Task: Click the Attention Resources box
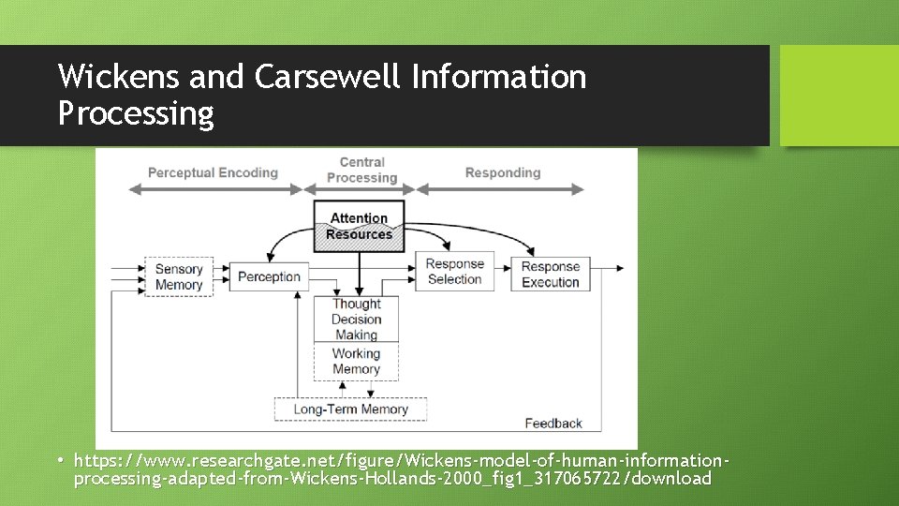359,226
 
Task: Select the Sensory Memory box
179,276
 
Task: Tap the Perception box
269,276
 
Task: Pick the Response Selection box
454,272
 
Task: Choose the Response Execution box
551,274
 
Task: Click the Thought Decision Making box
356,319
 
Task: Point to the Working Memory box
356,361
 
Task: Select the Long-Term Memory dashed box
350,409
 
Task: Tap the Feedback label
553,424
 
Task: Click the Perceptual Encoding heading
213,172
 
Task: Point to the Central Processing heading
361,170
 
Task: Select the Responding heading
503,172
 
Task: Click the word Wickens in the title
121,76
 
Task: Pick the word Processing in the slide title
136,113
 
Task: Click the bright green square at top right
839,96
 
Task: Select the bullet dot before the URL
61,461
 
